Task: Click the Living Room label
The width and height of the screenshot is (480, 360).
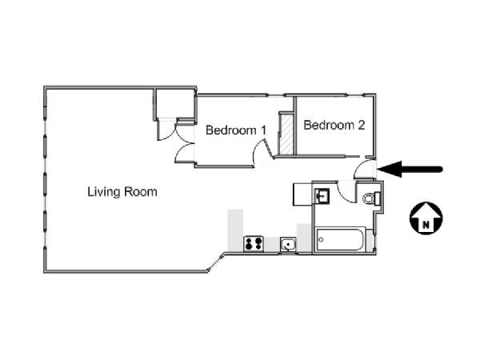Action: [x=122, y=192]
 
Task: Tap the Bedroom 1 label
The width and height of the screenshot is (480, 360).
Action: [x=236, y=130]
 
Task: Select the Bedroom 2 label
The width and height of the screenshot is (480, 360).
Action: [x=334, y=125]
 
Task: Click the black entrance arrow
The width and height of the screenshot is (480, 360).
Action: [x=410, y=170]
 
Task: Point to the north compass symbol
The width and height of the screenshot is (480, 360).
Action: [x=426, y=218]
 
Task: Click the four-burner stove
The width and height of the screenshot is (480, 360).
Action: [x=253, y=244]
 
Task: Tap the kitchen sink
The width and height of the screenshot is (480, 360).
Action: [x=288, y=245]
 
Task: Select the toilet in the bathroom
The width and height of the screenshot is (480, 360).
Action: [x=372, y=198]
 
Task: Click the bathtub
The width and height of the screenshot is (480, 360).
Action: [x=341, y=239]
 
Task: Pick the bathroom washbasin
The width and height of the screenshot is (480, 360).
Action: [x=322, y=196]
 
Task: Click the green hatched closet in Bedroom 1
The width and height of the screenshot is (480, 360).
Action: [x=286, y=134]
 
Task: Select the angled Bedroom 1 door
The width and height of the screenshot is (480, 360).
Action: [x=269, y=149]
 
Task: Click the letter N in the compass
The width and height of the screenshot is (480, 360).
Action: [x=426, y=225]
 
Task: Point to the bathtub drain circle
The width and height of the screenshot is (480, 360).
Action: [x=321, y=239]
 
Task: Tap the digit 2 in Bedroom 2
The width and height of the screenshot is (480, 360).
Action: [x=362, y=125]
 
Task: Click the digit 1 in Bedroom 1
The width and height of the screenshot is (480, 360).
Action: [x=263, y=130]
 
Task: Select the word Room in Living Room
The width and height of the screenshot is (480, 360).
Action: [x=140, y=192]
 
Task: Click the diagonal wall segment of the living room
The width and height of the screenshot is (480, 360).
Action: [x=216, y=262]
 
